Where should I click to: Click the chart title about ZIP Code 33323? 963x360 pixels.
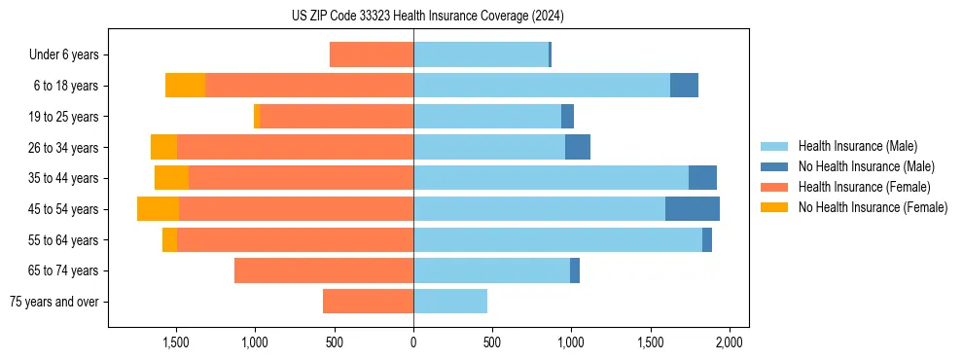[x=427, y=16]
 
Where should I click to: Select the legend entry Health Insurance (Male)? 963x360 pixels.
[x=857, y=146]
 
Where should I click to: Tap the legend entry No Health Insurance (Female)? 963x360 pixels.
[x=872, y=207]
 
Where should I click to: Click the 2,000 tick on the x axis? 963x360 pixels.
[x=730, y=343]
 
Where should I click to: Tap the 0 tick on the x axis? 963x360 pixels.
[x=413, y=343]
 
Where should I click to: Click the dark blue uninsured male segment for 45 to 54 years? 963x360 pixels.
[x=693, y=209]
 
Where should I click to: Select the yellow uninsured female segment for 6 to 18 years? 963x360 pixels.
[x=185, y=86]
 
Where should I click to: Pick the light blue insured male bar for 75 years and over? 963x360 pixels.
[x=450, y=302]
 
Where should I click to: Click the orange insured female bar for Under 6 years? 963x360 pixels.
[x=372, y=55]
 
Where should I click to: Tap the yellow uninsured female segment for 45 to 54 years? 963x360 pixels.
[x=158, y=209]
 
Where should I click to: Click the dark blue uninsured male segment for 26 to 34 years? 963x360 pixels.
[x=578, y=147]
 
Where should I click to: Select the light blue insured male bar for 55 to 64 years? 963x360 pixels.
[x=557, y=239]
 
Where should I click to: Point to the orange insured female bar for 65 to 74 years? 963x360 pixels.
[x=324, y=270]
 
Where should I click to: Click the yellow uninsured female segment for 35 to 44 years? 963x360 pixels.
[x=171, y=178]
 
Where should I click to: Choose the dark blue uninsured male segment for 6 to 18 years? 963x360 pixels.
[x=684, y=86]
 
